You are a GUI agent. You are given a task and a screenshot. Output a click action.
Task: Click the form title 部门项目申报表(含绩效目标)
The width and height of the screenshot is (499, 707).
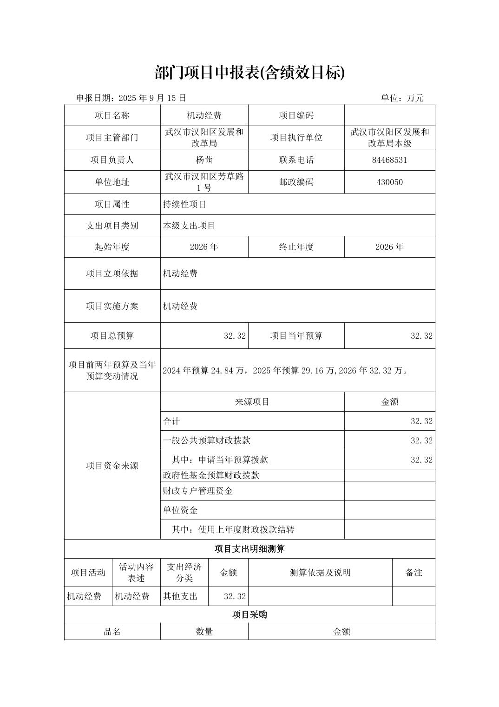(x=249, y=73)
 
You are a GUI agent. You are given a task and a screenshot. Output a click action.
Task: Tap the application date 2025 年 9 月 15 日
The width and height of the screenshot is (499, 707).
(x=152, y=98)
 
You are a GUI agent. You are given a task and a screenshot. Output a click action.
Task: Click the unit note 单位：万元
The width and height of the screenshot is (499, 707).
(x=402, y=98)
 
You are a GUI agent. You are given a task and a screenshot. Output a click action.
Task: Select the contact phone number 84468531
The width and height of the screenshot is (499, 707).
(x=389, y=160)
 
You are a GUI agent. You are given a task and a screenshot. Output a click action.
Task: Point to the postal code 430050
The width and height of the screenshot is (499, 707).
(x=389, y=182)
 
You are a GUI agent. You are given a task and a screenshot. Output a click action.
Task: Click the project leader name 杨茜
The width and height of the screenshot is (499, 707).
(x=204, y=160)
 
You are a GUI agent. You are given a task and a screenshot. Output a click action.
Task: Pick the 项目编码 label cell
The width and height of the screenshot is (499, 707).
(x=296, y=116)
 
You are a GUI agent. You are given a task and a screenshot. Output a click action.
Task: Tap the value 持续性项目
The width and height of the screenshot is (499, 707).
(x=184, y=205)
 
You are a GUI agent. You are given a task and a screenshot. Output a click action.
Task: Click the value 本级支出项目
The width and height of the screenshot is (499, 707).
(x=189, y=226)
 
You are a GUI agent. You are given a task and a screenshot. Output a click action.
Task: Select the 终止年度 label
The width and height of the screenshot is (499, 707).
(x=296, y=247)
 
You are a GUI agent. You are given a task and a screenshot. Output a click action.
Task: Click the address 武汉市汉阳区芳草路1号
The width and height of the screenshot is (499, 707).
(x=204, y=182)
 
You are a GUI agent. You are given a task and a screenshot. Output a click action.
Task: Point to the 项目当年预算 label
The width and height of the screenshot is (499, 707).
(x=296, y=336)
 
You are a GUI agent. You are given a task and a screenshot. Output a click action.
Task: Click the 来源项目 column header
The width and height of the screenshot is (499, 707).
(x=252, y=402)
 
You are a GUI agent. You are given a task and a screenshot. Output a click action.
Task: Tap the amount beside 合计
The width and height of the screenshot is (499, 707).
(x=421, y=421)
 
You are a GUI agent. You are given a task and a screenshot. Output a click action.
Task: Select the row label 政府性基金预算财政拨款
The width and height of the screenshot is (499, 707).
(x=211, y=475)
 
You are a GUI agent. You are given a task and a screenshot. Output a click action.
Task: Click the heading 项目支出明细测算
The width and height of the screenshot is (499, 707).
(x=249, y=549)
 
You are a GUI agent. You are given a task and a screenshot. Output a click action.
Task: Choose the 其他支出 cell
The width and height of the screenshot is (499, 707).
(x=180, y=596)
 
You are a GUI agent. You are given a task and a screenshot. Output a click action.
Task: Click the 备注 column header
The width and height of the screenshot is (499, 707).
(x=414, y=573)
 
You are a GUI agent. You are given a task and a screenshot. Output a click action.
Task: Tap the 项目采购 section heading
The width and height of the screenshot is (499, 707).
(x=249, y=615)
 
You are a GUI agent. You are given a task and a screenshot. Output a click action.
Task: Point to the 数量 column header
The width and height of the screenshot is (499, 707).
(x=204, y=632)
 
